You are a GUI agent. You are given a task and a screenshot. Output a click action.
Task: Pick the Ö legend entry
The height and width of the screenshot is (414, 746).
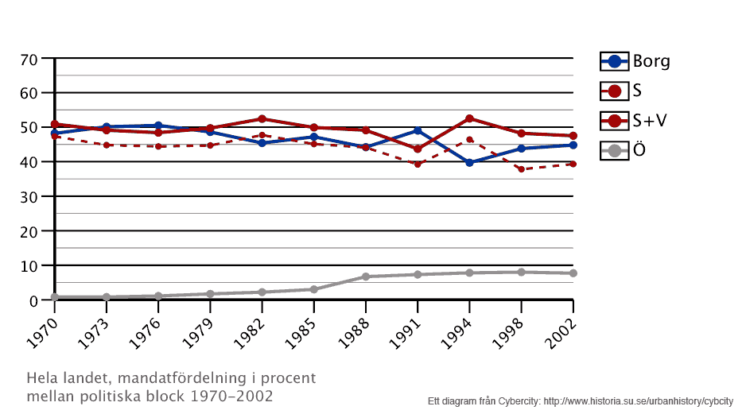(628, 149)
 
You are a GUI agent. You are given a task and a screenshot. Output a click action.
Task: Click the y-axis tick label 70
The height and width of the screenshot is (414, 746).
(29, 59)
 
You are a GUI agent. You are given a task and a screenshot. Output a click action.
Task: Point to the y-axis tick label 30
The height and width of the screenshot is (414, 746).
(29, 196)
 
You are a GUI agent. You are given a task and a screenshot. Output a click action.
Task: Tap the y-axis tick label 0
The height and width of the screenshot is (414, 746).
(34, 300)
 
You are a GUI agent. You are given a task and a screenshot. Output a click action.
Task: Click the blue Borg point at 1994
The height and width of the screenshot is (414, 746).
(469, 162)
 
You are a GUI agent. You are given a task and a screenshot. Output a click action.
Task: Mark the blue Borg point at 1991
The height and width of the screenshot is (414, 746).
(418, 130)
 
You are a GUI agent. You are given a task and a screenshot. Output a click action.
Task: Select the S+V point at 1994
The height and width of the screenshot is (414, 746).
(469, 118)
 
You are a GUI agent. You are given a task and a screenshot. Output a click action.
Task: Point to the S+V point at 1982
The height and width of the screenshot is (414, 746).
(262, 119)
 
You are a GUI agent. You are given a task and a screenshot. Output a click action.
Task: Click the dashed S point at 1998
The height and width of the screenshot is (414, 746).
(521, 169)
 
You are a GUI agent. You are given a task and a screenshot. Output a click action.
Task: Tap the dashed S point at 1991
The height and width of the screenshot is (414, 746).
(418, 164)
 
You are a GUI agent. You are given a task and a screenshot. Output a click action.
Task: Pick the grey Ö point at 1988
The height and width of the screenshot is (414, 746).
(366, 277)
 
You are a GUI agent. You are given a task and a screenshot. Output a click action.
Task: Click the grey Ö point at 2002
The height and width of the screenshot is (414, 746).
(573, 273)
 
